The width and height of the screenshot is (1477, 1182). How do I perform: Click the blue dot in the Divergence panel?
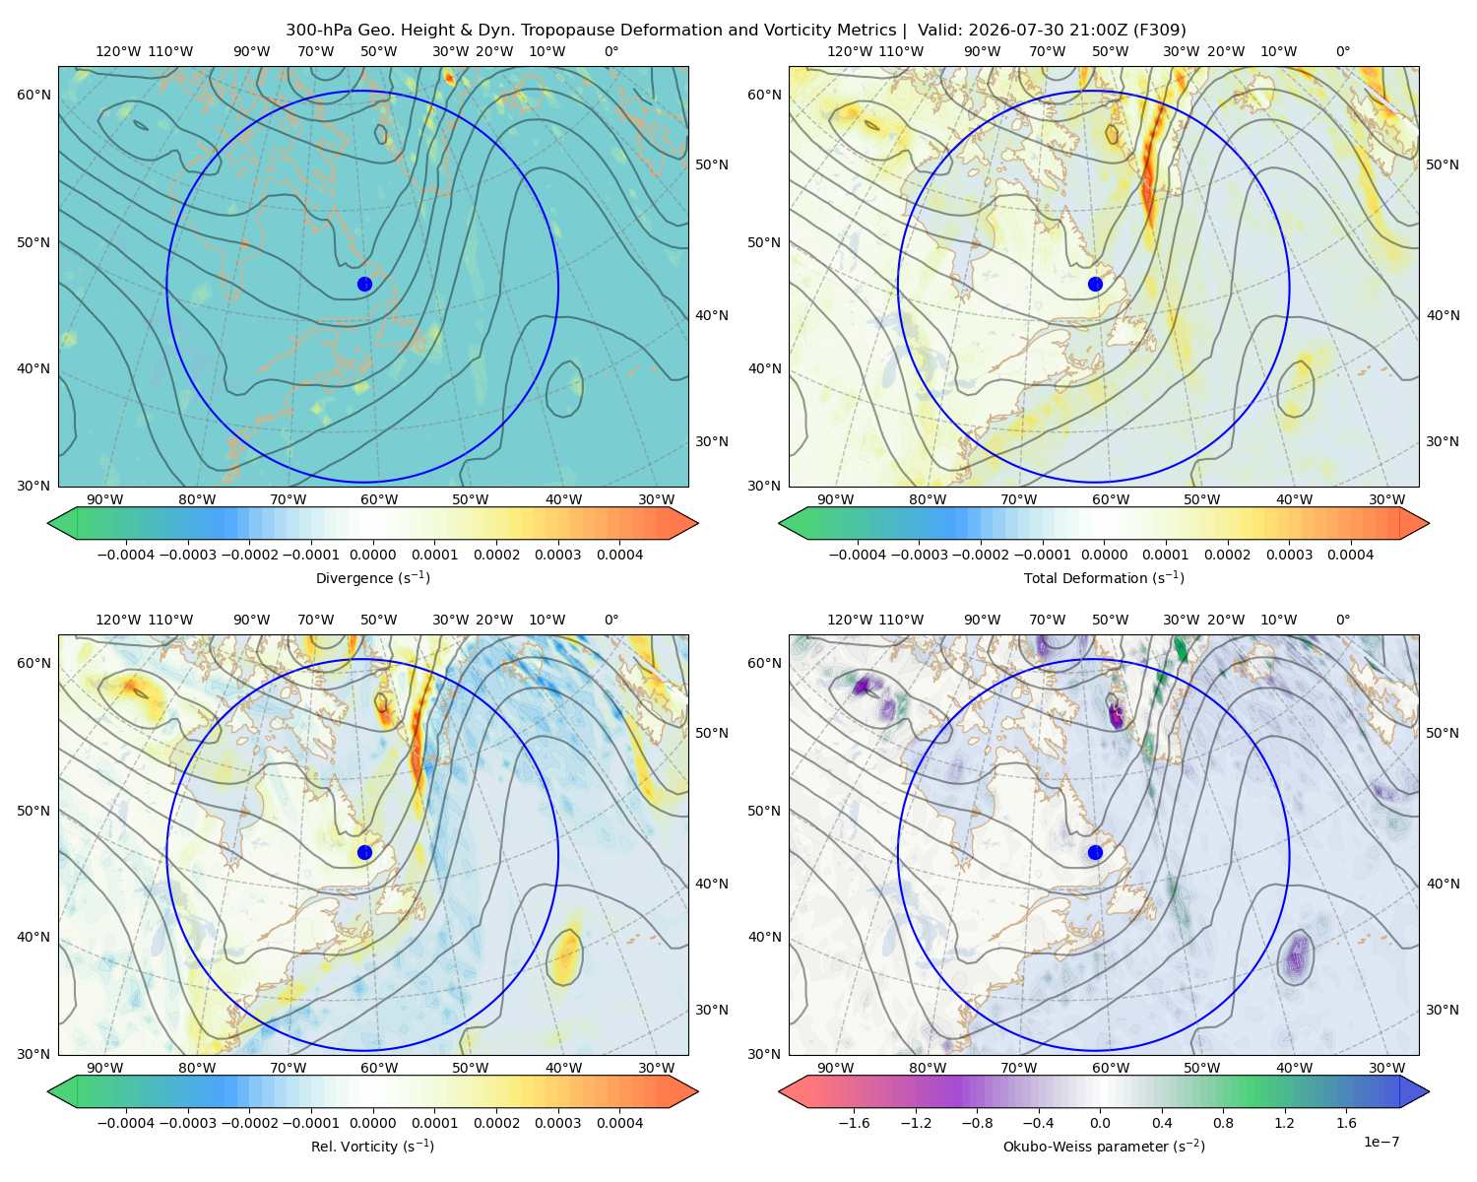(x=364, y=285)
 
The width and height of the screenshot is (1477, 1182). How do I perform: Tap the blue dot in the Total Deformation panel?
(x=1095, y=285)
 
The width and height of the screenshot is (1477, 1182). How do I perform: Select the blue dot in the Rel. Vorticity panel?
(x=364, y=852)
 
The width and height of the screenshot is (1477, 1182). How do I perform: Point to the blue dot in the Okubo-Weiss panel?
(x=1095, y=852)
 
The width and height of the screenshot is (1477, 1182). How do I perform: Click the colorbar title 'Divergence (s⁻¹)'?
(x=372, y=578)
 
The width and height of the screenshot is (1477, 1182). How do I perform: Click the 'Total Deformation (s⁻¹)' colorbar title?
(x=1104, y=578)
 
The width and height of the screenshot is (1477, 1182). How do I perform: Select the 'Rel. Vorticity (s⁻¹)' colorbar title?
(x=372, y=1147)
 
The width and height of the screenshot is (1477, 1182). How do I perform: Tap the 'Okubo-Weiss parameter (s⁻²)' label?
(x=1104, y=1147)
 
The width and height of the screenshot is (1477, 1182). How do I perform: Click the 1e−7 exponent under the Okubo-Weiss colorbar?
(x=1381, y=1142)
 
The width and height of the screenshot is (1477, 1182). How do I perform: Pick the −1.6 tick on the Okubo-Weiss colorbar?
(x=854, y=1123)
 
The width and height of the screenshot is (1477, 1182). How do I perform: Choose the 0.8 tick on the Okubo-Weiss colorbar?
(x=1223, y=1123)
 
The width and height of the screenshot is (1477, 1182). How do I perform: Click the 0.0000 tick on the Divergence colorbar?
(x=372, y=555)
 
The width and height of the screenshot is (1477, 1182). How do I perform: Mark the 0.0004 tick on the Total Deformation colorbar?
(x=1350, y=555)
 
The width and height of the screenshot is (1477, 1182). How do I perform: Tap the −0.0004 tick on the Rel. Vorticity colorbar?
(x=126, y=1123)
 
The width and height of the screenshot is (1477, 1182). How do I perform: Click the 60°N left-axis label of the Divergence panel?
(x=33, y=95)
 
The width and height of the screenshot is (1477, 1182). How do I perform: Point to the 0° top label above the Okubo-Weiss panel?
(x=1342, y=620)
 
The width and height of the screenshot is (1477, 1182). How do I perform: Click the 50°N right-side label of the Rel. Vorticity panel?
(x=712, y=733)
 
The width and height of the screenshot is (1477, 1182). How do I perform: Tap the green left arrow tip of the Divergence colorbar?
(x=48, y=523)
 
